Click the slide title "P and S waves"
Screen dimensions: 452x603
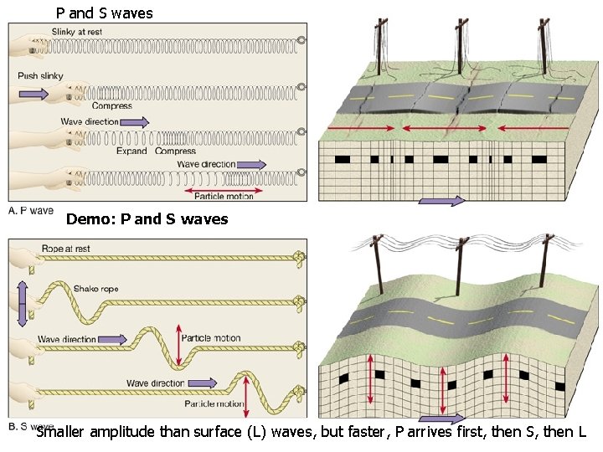pos(104,13)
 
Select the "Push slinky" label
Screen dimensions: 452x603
pos(39,76)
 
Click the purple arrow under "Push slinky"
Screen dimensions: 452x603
pos(33,94)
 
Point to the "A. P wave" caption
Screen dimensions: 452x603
pos(31,210)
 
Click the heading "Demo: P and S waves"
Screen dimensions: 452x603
pos(147,219)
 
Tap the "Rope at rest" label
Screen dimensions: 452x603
pos(65,249)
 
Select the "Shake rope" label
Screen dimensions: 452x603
pos(96,288)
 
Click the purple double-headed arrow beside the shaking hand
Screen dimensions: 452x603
pos(22,303)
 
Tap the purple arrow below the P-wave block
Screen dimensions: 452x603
pos(441,201)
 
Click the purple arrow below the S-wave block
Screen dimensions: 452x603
pos(441,418)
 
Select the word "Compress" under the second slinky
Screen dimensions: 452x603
pos(111,105)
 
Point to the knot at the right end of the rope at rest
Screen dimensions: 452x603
pos(298,257)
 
